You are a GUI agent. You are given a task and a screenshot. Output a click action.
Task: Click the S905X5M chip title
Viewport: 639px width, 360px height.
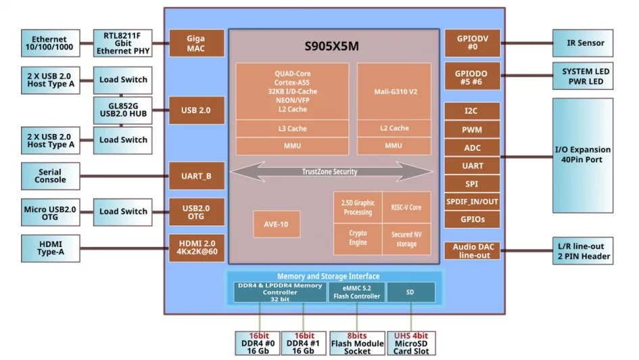331,47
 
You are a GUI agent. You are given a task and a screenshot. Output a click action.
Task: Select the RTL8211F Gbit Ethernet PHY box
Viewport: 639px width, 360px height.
122,43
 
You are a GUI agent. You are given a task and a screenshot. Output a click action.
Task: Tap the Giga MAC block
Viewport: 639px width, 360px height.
196,43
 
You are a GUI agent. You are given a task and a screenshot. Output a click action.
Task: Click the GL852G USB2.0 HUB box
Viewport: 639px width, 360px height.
122,110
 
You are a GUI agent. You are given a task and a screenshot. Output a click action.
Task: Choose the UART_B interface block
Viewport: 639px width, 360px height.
196,176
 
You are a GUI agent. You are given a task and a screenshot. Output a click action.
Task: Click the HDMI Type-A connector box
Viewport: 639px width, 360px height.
50,248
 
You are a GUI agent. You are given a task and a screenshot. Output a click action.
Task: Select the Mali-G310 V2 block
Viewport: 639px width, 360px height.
394,91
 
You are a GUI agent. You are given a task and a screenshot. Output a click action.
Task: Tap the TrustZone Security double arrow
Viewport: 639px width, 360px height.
331,172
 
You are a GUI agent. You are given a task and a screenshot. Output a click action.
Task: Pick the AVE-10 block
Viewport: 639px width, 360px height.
277,224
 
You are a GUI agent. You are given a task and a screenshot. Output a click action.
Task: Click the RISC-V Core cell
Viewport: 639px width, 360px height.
406,207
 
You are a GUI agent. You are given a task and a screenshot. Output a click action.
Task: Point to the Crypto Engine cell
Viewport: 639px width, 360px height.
358,238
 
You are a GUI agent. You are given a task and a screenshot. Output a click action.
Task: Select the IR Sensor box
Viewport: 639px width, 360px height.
582,43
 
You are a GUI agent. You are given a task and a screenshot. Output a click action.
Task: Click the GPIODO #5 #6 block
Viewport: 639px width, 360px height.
472,76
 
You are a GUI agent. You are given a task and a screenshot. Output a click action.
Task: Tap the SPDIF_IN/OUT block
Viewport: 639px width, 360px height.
472,201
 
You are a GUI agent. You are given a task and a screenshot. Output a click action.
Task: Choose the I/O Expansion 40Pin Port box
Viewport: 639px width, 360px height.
582,155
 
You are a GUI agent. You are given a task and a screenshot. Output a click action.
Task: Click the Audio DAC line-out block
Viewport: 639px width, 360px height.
472,251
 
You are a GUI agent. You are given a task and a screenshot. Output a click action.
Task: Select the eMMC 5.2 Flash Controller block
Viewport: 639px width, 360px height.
356,292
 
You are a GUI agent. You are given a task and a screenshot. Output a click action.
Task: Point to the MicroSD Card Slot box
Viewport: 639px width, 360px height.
411,342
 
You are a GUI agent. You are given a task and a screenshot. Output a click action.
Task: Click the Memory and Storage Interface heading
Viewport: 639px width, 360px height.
333,276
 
